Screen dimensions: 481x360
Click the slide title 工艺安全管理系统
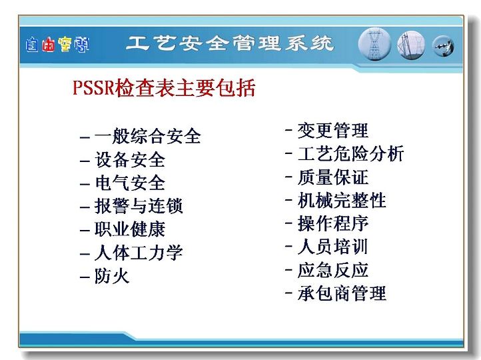tap(230, 43)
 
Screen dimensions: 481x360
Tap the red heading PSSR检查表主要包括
tap(164, 88)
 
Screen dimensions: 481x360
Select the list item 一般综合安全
tap(147, 136)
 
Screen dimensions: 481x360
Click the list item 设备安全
tap(130, 159)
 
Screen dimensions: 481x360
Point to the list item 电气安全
tap(130, 183)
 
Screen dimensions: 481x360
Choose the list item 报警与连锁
tap(139, 206)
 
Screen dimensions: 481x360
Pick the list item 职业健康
tap(130, 229)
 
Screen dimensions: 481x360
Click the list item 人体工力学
tap(139, 253)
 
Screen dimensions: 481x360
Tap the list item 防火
tap(112, 276)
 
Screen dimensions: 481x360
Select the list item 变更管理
tap(333, 131)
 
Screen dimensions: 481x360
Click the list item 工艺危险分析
tap(350, 153)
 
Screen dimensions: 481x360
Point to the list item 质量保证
tap(333, 177)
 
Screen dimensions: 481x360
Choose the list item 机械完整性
tap(342, 201)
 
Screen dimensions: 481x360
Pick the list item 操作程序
tap(333, 223)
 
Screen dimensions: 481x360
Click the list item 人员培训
tap(333, 247)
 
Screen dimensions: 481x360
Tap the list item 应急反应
tap(333, 270)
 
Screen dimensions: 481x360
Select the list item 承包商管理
tap(342, 293)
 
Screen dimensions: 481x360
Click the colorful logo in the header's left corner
tap(58, 45)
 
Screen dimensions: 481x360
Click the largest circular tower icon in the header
tap(374, 44)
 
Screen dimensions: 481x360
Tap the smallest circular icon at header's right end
tap(443, 46)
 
